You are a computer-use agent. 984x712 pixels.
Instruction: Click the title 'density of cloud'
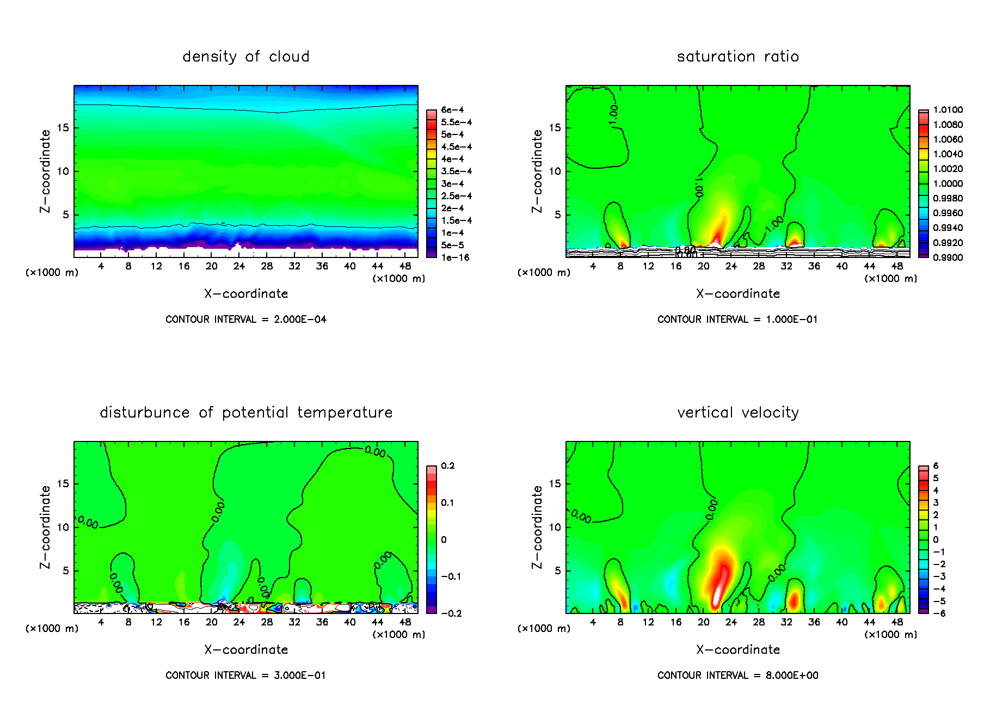(245, 57)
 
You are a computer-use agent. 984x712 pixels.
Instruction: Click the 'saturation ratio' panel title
(737, 57)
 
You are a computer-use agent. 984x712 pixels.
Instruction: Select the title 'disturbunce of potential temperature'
(245, 413)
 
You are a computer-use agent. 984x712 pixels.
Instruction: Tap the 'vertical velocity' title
(737, 413)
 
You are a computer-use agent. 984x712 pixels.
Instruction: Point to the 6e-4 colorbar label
(452, 110)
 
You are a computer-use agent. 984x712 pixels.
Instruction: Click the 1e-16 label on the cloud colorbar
(455, 257)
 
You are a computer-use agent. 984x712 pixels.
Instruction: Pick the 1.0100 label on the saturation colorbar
(948, 110)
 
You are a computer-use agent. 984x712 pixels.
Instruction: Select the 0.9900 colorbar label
(948, 257)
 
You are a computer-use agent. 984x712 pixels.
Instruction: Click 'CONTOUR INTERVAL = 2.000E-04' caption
(245, 320)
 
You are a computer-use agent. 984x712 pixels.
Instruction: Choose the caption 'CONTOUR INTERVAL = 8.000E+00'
(737, 676)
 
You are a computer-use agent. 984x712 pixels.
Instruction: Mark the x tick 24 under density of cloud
(239, 266)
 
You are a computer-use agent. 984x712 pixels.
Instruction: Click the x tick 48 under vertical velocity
(897, 622)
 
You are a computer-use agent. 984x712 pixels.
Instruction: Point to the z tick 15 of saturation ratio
(554, 128)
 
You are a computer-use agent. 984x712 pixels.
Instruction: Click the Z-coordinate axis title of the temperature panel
(45, 527)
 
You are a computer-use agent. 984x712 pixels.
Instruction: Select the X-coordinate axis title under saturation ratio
(737, 294)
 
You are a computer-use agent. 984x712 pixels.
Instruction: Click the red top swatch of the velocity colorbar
(924, 469)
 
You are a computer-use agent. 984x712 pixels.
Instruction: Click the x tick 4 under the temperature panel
(101, 622)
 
